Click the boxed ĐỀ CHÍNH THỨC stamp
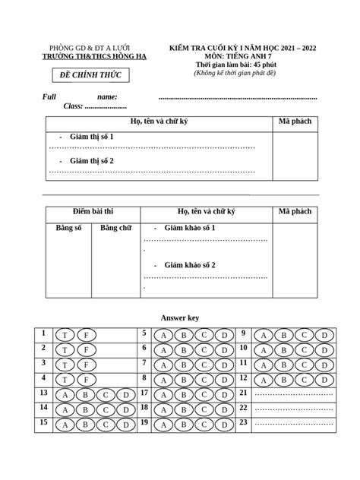point(90,74)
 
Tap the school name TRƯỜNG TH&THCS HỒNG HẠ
point(95,57)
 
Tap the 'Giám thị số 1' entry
point(91,136)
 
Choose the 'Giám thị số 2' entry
point(91,161)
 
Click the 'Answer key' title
point(180,317)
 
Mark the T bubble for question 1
point(66,335)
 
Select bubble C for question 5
point(204,335)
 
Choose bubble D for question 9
point(324,335)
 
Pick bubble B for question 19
point(183,425)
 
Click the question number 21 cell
point(244,393)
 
